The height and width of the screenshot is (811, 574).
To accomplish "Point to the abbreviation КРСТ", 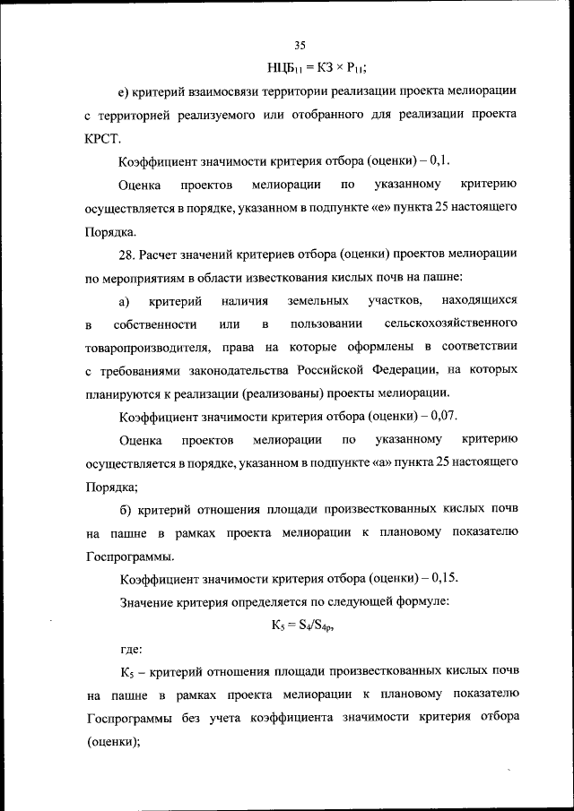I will (x=102, y=140).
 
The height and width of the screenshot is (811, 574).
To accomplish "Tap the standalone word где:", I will (x=131, y=649).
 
